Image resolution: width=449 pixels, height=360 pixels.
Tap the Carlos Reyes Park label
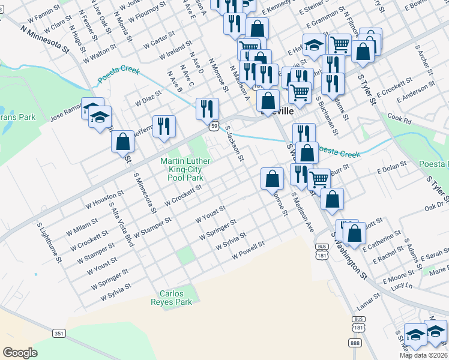click(x=176, y=298)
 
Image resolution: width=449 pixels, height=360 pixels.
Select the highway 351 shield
click(x=59, y=332)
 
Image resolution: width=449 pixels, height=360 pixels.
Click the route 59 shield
click(x=214, y=126)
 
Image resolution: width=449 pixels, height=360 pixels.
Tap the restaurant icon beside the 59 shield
click(x=207, y=109)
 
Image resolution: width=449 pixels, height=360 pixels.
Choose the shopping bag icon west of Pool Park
click(x=122, y=142)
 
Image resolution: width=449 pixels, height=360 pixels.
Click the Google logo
click(x=20, y=353)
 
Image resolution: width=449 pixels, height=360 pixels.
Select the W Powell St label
click(x=249, y=251)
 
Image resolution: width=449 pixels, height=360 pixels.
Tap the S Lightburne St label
click(x=50, y=242)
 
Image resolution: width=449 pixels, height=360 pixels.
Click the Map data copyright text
click(x=424, y=355)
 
